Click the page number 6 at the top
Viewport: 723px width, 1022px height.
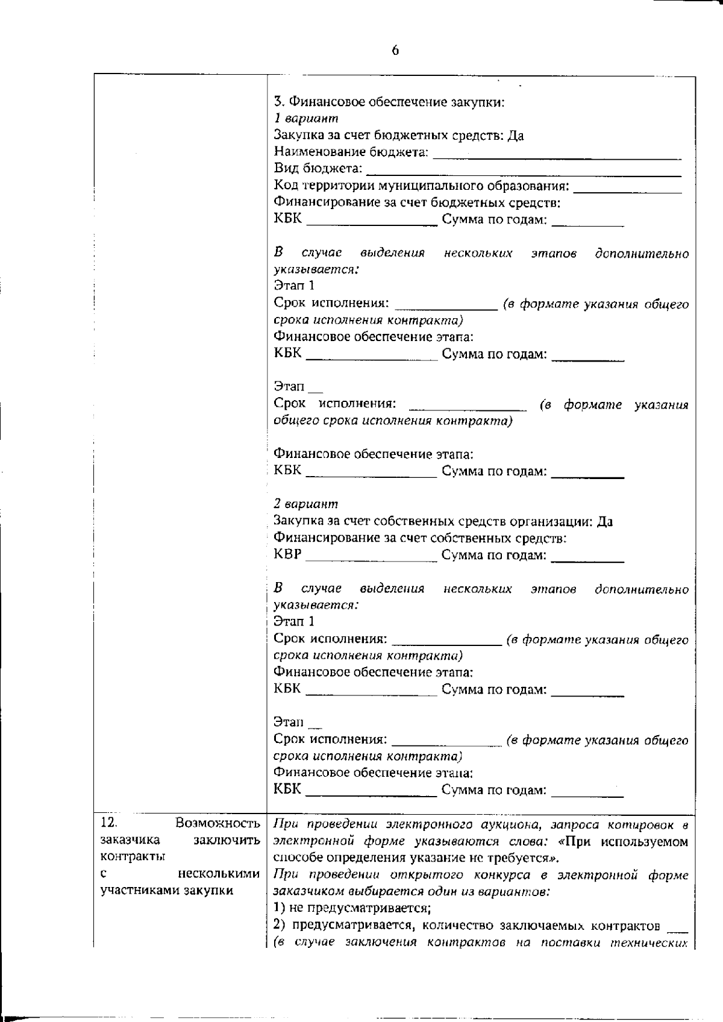(x=395, y=51)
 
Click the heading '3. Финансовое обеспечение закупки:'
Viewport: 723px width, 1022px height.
(x=389, y=102)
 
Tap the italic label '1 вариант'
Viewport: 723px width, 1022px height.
(x=306, y=119)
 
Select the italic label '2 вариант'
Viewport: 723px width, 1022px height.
(x=306, y=504)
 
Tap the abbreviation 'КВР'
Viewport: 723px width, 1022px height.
(x=287, y=554)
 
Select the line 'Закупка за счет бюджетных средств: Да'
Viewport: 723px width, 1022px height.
(x=398, y=136)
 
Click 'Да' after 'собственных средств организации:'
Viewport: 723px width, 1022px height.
(x=604, y=521)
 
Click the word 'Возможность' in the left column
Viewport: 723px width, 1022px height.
(x=218, y=823)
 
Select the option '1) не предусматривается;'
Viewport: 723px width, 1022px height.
(x=351, y=908)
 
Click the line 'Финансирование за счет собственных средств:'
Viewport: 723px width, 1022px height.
(x=419, y=538)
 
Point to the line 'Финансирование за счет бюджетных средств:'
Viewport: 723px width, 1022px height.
(x=417, y=202)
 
